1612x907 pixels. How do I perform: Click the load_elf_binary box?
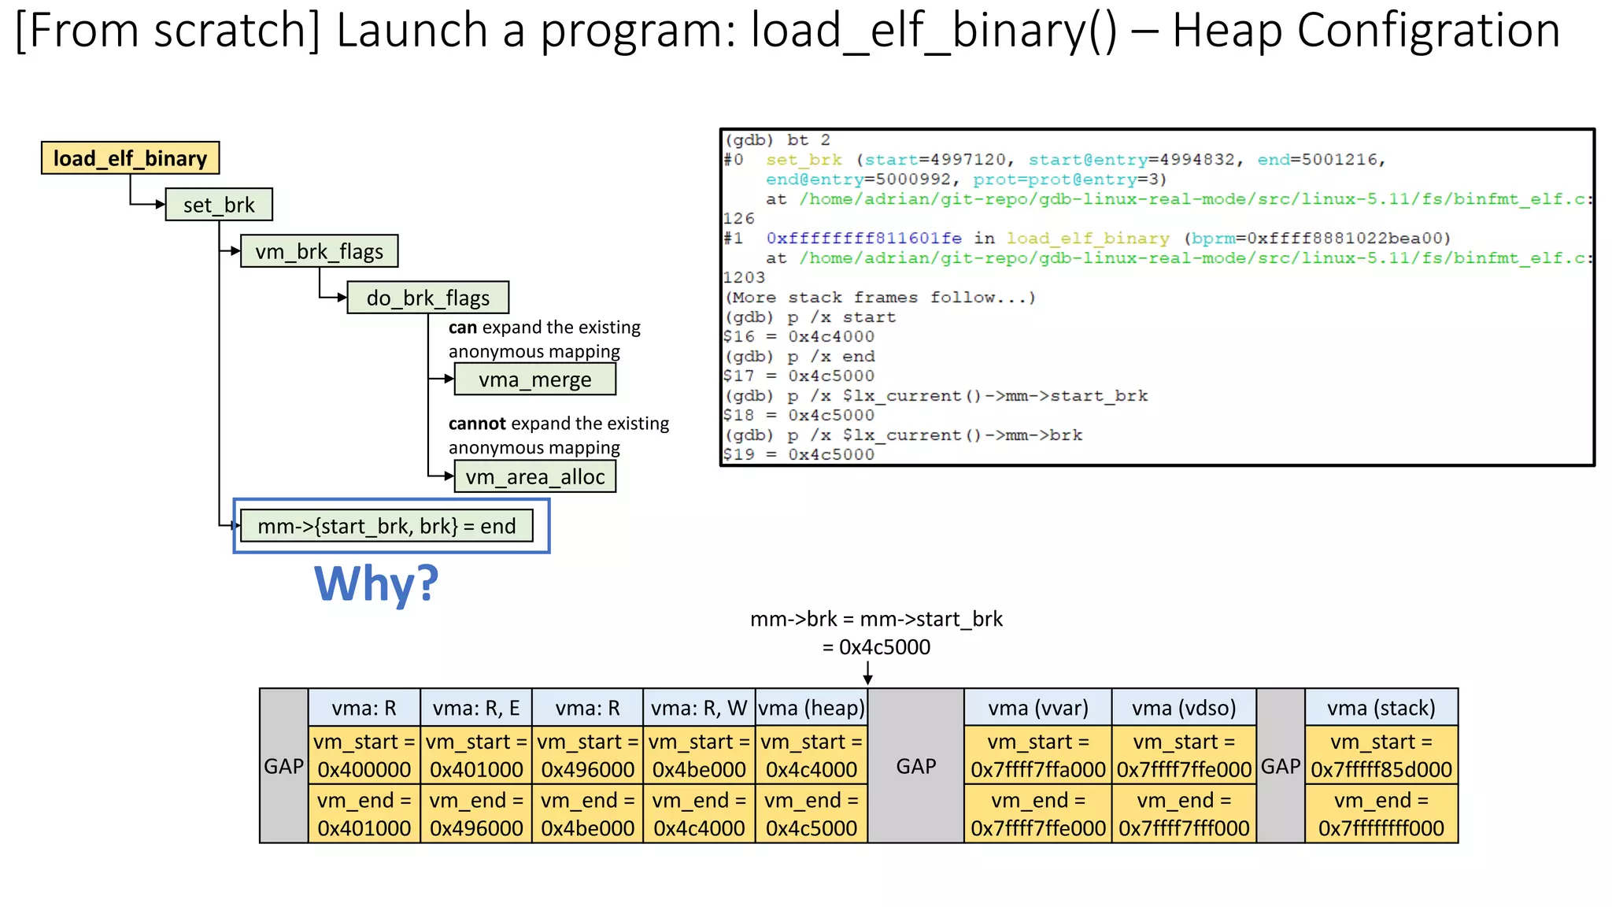click(130, 158)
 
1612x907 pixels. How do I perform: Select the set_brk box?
click(219, 205)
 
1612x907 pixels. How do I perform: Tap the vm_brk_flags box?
click(319, 251)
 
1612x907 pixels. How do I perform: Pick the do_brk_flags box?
click(427, 298)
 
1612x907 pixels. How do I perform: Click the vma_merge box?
click(534, 379)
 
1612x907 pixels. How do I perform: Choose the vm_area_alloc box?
click(534, 476)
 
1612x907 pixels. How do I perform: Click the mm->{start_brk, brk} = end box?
click(386, 526)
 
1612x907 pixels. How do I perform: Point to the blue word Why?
click(376, 584)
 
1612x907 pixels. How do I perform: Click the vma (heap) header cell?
click(811, 708)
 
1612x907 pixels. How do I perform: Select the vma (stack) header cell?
click(1381, 708)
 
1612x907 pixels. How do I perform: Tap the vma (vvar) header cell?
click(1037, 708)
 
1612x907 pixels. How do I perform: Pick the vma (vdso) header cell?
click(1183, 708)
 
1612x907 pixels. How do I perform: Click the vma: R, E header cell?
click(476, 708)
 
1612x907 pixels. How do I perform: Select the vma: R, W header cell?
click(699, 708)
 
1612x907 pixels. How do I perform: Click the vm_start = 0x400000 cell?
click(364, 755)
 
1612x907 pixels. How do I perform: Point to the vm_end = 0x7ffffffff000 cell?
click(1381, 814)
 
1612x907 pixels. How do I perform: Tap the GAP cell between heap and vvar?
click(915, 766)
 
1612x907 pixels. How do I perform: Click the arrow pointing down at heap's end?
click(867, 674)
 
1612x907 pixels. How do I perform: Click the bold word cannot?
click(477, 424)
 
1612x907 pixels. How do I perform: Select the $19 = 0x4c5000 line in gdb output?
click(799, 454)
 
